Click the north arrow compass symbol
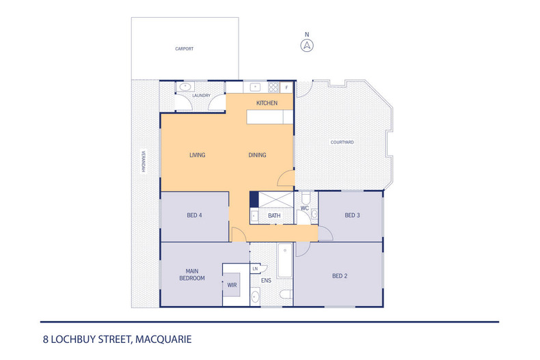[x=308, y=46]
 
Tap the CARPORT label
[x=184, y=49]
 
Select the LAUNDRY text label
[x=201, y=96]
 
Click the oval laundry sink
[x=185, y=87]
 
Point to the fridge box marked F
[x=286, y=87]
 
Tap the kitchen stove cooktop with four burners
[x=273, y=87]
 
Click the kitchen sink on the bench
[x=254, y=87]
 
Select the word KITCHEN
[x=267, y=103]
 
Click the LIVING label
[x=197, y=155]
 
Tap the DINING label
[x=257, y=155]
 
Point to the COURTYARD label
[x=342, y=142]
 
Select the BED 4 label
[x=194, y=216]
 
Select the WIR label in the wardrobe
[x=232, y=285]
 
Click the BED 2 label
[x=340, y=276]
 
